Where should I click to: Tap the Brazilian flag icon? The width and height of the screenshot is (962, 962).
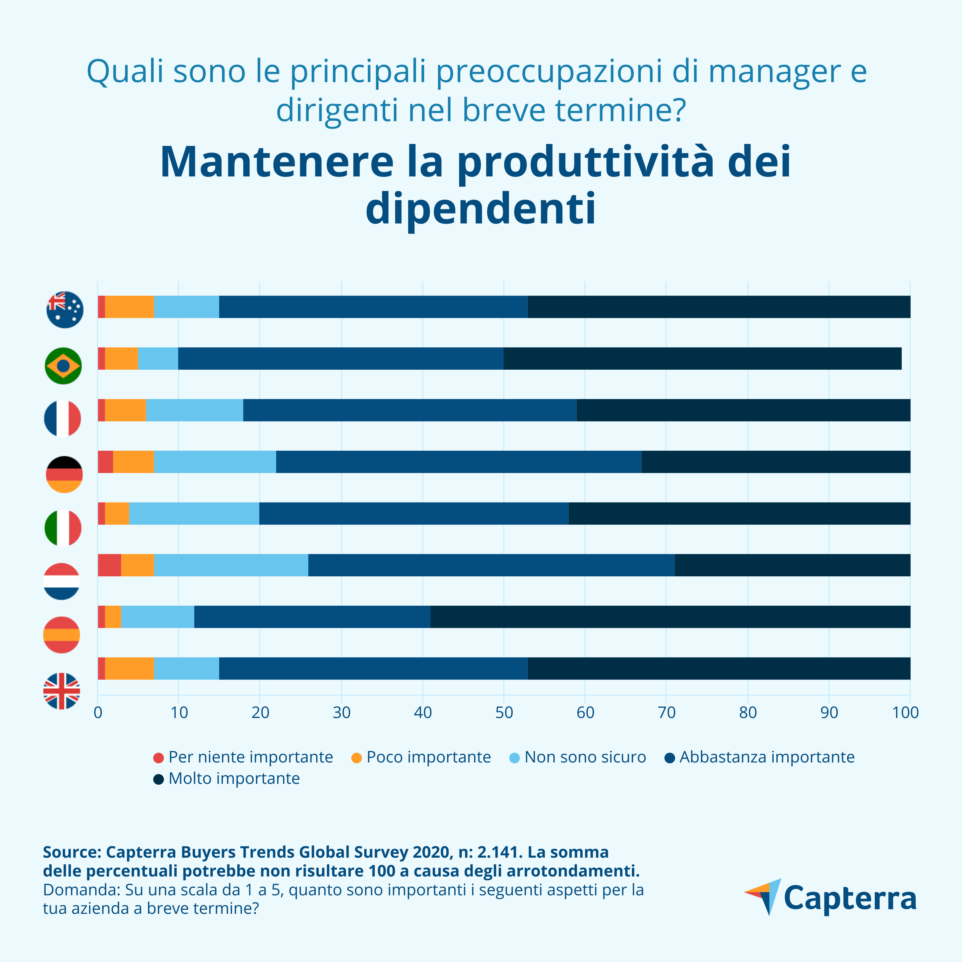coord(63,365)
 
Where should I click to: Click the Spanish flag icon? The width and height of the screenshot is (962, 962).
coord(62,634)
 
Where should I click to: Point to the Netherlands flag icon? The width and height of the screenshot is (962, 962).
coord(62,581)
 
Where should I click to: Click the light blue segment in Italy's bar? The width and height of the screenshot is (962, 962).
coord(194,513)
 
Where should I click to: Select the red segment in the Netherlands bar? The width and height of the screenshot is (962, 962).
coord(109,565)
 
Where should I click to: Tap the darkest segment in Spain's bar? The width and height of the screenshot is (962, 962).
coord(670,617)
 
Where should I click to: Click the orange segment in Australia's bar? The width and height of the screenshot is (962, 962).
coord(129,307)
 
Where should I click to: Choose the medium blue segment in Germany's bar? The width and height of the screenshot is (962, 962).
coord(459,461)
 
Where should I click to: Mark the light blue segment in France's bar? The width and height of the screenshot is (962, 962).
coord(195,410)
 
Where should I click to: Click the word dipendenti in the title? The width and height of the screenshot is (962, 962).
coord(481,208)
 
